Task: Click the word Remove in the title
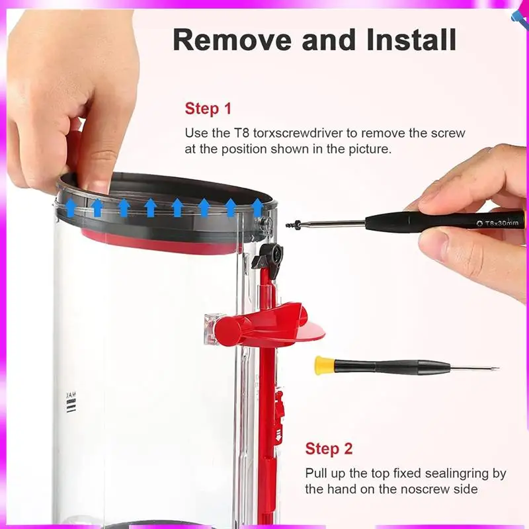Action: (232, 40)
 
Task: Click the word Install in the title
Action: (411, 40)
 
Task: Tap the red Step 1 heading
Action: (208, 108)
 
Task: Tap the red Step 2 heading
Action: (329, 449)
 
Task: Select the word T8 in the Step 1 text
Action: (241, 133)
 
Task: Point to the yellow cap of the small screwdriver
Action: (324, 366)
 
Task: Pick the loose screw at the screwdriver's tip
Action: (293, 225)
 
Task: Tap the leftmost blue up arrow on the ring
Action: (71, 208)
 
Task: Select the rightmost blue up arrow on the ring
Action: (257, 208)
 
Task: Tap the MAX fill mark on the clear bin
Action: (71, 402)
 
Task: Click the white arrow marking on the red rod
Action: (278, 434)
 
